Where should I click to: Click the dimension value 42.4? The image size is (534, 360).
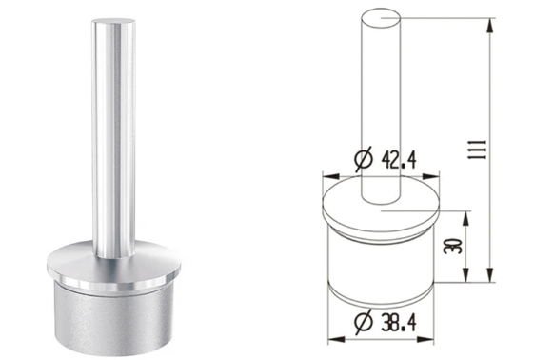pos(399,160)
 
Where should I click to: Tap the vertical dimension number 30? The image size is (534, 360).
pos(453,246)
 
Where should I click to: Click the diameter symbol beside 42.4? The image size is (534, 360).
pos(364,159)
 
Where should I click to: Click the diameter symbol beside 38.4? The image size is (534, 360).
pos(364,322)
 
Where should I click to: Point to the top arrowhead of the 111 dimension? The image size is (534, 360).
pos(490,25)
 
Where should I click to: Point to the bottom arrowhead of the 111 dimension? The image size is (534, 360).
pos(490,275)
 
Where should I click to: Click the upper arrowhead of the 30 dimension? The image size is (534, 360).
pos(466,218)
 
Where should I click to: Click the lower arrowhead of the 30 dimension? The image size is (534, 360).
pos(466,275)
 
